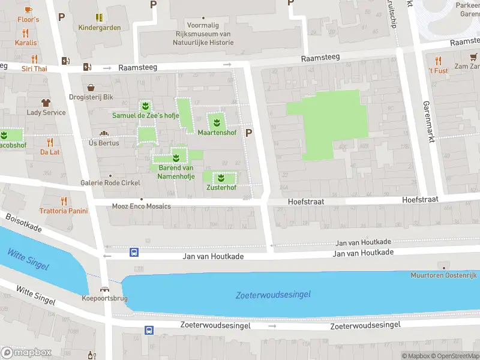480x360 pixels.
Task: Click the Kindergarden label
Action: tap(99, 28)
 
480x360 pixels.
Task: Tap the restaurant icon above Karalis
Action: tap(25, 33)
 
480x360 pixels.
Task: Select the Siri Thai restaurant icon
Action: tap(34, 59)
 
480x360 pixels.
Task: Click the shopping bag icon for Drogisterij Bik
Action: tap(91, 87)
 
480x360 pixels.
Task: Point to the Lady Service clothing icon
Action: tap(46, 103)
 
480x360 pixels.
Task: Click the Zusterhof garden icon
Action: tap(221, 178)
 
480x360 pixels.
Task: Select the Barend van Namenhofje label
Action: tap(176, 172)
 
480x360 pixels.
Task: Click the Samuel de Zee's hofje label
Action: tap(146, 115)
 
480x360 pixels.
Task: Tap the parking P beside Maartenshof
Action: tap(249, 133)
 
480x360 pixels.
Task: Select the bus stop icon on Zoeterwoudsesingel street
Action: tap(148, 330)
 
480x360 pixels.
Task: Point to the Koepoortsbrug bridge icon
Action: tap(104, 289)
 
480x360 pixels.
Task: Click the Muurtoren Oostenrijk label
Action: tap(443, 275)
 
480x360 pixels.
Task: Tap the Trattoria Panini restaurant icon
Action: tap(63, 201)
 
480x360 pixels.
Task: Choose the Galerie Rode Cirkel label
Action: tap(110, 182)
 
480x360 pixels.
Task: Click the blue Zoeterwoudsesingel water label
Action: tap(273, 295)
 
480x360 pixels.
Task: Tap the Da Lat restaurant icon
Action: tap(50, 142)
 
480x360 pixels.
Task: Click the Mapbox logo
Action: tap(26, 352)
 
